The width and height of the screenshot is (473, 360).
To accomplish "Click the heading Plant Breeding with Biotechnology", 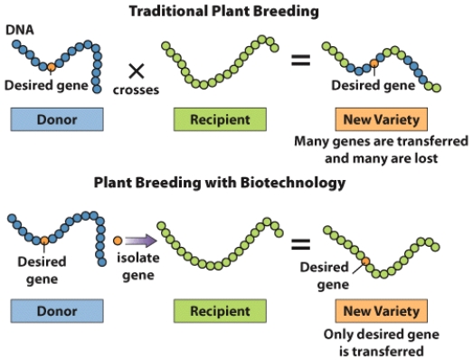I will (221, 183).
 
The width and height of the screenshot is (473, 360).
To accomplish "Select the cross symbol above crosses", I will (137, 71).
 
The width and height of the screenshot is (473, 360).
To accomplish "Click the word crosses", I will (137, 90).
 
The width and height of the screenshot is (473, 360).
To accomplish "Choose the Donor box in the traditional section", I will (56, 118).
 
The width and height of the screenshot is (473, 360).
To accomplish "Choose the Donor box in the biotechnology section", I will (56, 310).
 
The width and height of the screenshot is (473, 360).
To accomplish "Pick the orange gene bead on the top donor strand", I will (52, 67).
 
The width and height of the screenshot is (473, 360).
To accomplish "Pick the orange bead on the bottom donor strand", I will (43, 242).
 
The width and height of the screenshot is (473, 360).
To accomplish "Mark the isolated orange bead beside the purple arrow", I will (118, 242).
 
